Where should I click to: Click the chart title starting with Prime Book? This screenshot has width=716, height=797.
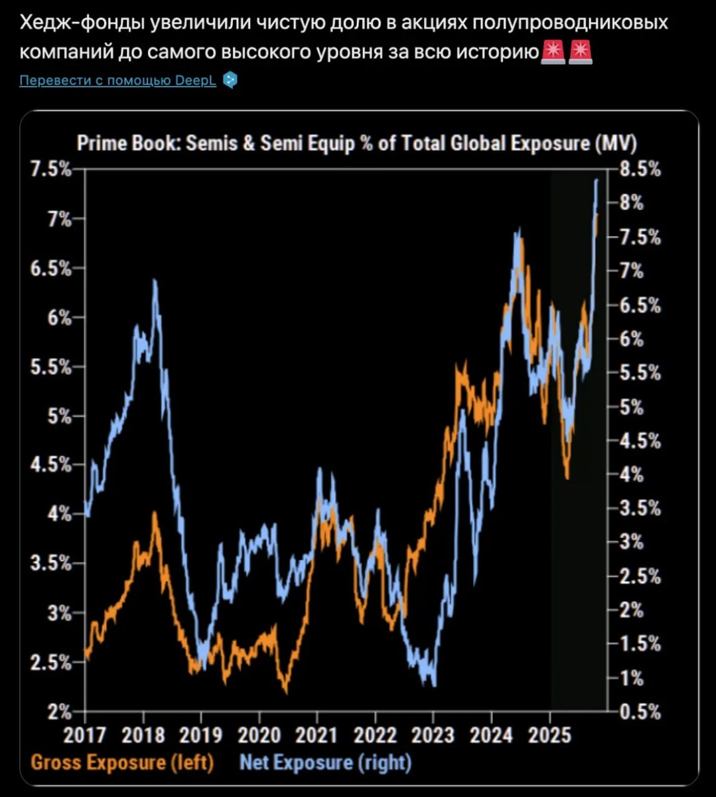357,143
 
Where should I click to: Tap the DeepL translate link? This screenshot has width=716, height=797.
118,80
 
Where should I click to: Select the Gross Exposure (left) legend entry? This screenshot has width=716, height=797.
122,761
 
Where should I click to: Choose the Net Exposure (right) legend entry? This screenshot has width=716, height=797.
325,761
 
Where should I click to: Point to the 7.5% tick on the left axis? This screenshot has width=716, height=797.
51,169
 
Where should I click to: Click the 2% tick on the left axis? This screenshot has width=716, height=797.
58,711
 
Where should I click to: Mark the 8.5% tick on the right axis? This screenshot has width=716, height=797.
640,169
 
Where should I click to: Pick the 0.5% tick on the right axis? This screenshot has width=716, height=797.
640,711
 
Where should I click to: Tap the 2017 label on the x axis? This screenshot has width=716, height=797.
86,735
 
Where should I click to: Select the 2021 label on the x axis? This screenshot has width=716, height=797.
317,735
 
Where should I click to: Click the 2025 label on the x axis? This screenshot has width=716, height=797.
549,735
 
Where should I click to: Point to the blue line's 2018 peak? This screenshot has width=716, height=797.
155,282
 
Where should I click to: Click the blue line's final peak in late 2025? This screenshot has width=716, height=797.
596,180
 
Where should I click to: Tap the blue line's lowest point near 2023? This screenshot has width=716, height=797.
433,684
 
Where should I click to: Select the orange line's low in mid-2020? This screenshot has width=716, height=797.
285,691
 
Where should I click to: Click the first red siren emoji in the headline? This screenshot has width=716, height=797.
552,51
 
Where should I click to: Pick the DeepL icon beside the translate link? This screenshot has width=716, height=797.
230,80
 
